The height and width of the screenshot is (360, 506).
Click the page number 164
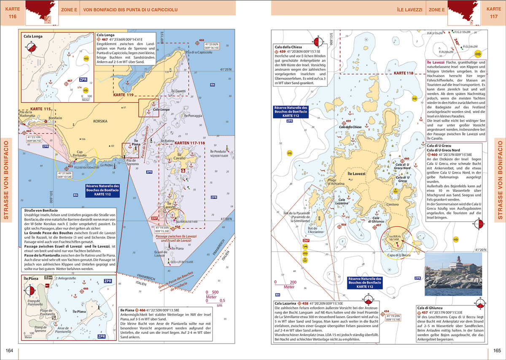click(9, 351)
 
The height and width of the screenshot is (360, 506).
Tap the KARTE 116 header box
click(12, 13)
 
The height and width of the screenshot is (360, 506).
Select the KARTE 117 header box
click(494, 13)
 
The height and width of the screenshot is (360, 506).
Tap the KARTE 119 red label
click(123, 95)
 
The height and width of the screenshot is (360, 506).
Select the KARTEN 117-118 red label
click(190, 143)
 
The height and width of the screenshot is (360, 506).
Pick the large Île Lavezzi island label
click(356, 174)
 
